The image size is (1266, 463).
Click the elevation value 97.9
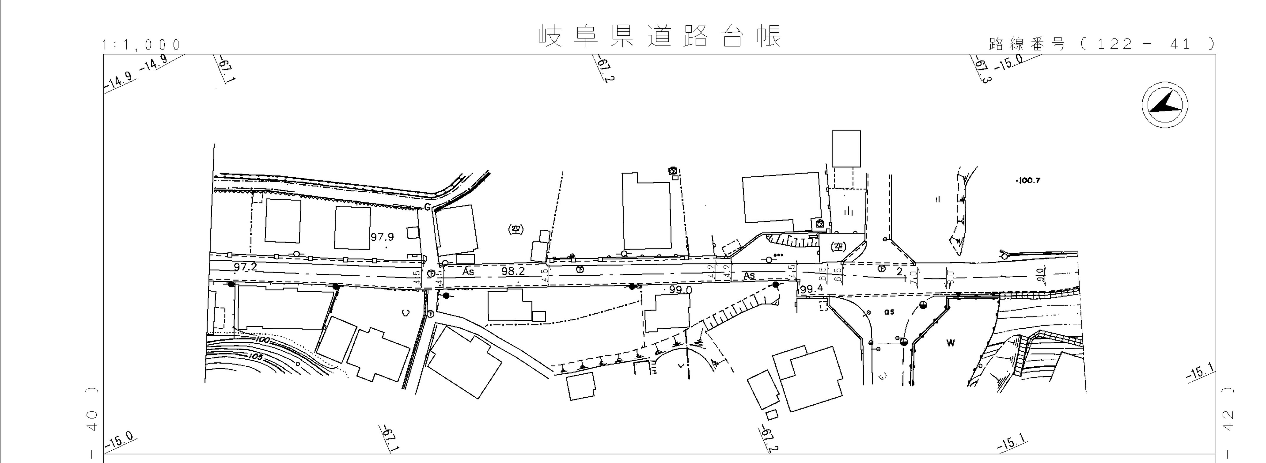(382, 237)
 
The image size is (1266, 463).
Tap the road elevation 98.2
(513, 271)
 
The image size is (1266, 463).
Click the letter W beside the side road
(951, 343)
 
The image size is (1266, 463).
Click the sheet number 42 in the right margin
(1227, 422)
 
